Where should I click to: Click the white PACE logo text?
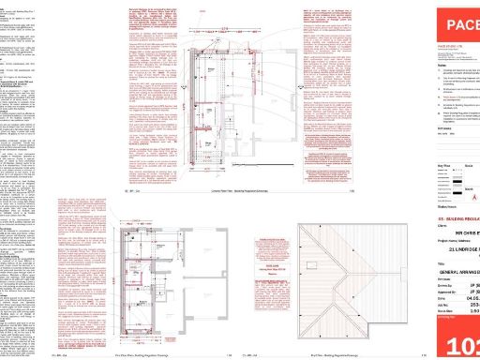coord(458,25)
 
